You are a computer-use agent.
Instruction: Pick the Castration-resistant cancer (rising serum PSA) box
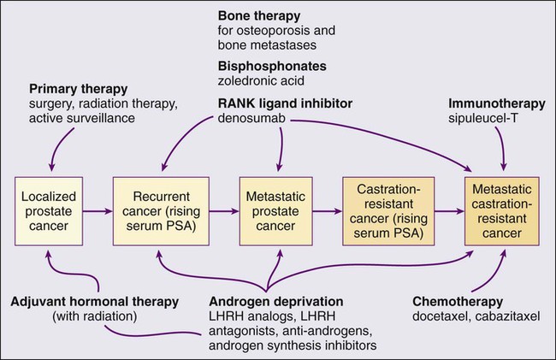point(382,209)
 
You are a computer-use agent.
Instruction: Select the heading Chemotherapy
point(456,302)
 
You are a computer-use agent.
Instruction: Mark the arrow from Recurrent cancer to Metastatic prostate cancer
point(225,209)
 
